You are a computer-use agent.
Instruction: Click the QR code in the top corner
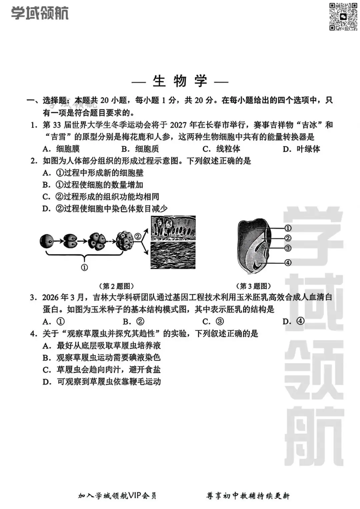(343, 16)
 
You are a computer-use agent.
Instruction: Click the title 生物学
(180, 81)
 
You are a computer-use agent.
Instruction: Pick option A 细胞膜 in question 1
(61, 149)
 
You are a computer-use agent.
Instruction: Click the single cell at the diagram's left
(46, 241)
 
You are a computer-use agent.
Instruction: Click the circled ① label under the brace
(85, 267)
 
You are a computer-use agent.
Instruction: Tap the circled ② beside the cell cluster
(138, 236)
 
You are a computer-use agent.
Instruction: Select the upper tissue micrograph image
(173, 228)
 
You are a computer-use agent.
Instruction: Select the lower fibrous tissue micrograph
(173, 255)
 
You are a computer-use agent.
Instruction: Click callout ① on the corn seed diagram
(288, 228)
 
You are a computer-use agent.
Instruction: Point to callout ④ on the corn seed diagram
(288, 263)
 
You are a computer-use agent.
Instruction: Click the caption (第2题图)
(116, 286)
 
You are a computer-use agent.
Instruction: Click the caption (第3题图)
(253, 286)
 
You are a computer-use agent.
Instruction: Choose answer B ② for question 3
(134, 322)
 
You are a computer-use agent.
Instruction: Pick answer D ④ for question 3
(293, 321)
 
